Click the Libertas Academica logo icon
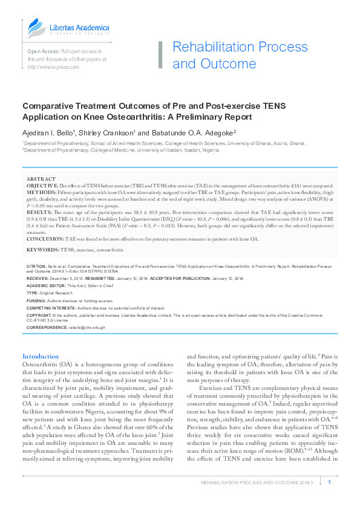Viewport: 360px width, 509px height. [x=34, y=28]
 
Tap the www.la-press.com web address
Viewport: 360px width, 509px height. [x=53, y=67]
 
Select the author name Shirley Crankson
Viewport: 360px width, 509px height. [x=111, y=133]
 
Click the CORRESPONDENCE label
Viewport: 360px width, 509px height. [x=46, y=327]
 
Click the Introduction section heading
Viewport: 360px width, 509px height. [x=41, y=357]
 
